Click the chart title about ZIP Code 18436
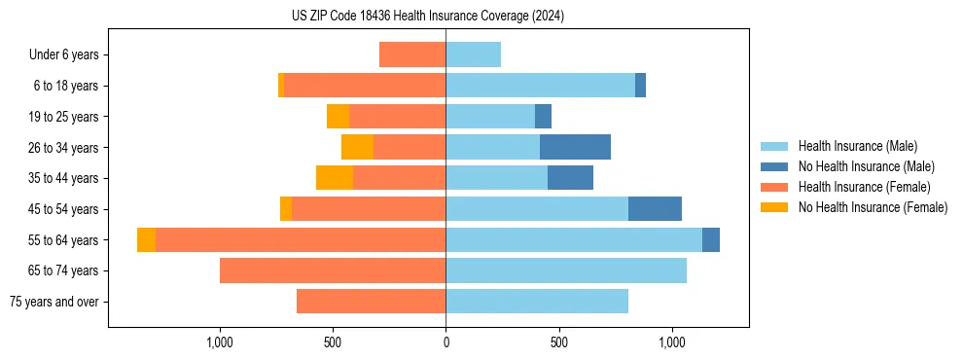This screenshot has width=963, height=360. [x=428, y=17]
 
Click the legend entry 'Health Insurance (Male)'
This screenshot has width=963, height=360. [x=857, y=146]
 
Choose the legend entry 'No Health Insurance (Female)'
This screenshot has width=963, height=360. [x=873, y=207]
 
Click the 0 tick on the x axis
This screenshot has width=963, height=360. [x=446, y=342]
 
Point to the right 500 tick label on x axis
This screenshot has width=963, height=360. [x=558, y=342]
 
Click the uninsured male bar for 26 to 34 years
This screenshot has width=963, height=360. [x=575, y=148]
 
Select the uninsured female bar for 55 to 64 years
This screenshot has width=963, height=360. [x=146, y=240]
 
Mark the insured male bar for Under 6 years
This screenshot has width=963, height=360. [x=473, y=55]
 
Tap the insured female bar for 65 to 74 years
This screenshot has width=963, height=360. [x=333, y=270]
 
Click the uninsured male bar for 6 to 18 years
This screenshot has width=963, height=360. [x=640, y=86]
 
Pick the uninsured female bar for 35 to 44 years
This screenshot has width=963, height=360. [x=335, y=178]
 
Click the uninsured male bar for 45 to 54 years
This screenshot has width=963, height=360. [x=655, y=209]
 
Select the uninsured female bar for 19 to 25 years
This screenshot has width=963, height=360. [x=338, y=117]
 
